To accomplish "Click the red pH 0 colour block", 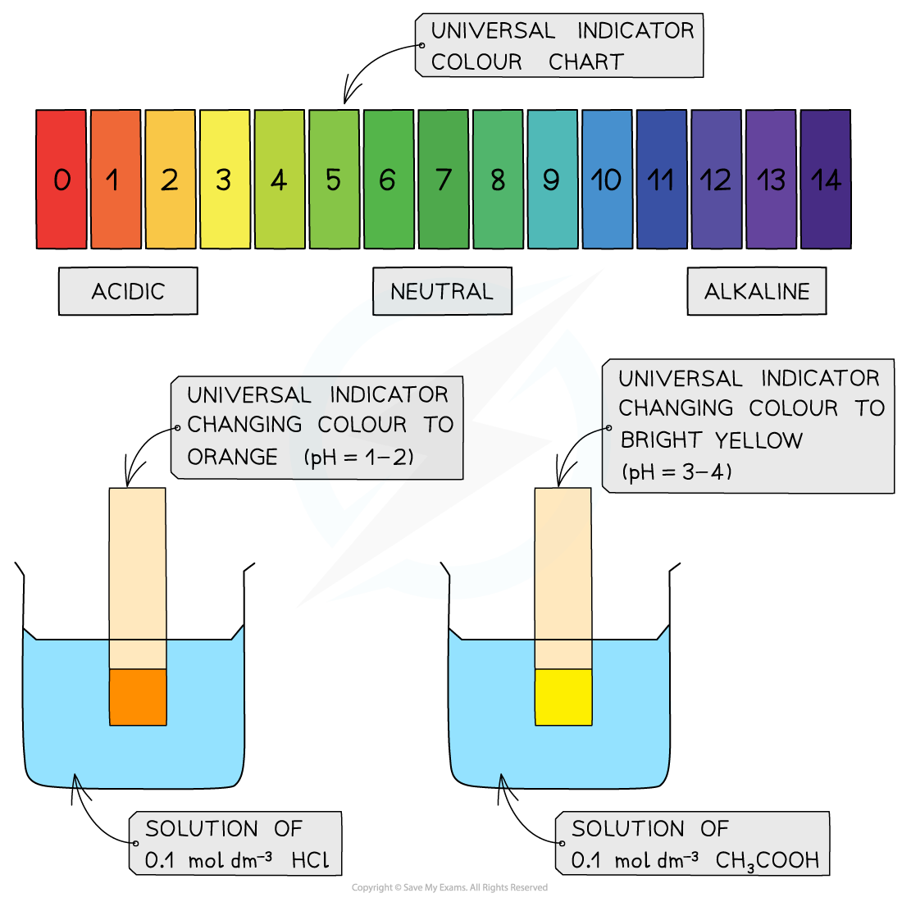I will click(61, 180).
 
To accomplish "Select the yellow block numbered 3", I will click(225, 180).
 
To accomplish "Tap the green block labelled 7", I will click(444, 180).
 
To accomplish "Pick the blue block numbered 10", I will click(607, 180).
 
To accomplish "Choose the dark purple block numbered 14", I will click(825, 180).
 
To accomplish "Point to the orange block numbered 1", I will click(116, 180).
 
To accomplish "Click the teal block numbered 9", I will click(552, 180).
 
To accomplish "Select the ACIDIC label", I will click(128, 291).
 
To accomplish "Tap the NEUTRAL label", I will click(442, 291).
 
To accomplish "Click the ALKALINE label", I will click(757, 291).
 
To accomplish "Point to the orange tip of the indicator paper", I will click(138, 697).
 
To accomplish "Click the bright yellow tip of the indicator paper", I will click(563, 697).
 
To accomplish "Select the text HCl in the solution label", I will click(311, 861).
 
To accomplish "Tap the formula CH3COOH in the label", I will click(768, 861).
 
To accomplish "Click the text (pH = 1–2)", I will click(359, 457).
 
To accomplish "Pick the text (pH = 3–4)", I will click(677, 471).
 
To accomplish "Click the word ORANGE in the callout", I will click(233, 457).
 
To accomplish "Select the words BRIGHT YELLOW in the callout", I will click(711, 440).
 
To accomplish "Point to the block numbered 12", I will click(716, 180).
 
